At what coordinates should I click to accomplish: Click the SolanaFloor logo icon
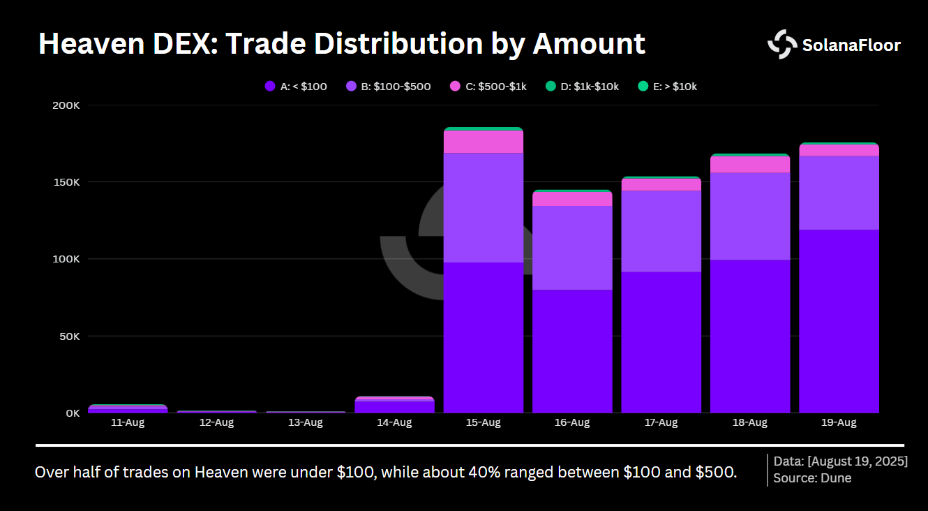pos(782,45)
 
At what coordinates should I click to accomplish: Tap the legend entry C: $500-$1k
pos(488,87)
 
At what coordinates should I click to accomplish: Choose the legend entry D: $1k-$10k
pos(582,87)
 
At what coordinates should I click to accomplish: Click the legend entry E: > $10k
pos(668,87)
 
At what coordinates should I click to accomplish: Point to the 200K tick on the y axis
pos(66,105)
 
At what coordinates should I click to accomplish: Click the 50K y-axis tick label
pos(68,336)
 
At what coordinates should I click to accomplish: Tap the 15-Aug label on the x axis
pos(483,423)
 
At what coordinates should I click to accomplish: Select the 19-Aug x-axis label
pos(839,423)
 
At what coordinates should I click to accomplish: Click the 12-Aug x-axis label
pos(216,423)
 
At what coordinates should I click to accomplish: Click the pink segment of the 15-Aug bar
pos(483,142)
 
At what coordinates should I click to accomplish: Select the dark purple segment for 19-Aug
pos(839,321)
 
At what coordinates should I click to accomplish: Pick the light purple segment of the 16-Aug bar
pos(572,248)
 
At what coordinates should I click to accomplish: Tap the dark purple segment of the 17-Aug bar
pos(661,342)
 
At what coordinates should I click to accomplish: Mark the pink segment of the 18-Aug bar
pos(750,164)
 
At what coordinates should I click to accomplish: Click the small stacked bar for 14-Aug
pos(394,405)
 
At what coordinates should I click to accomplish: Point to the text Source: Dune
pos(812,478)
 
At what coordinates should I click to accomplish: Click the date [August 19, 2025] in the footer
pos(858,461)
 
